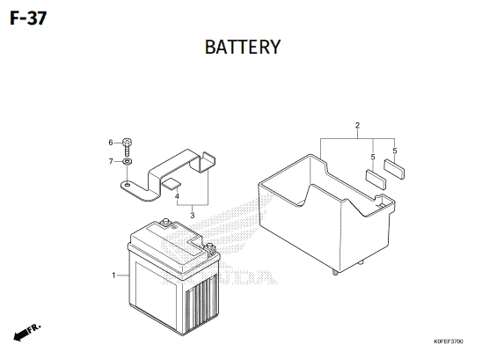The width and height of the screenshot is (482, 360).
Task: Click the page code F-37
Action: [x=28, y=18]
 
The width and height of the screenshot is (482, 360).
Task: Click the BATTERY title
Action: [x=243, y=47]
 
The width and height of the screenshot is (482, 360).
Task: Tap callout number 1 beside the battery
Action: [x=113, y=276]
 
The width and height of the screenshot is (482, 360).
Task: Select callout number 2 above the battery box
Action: [x=357, y=125]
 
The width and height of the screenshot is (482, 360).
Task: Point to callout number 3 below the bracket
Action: [x=193, y=215]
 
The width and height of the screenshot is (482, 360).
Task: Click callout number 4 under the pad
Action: [x=177, y=196]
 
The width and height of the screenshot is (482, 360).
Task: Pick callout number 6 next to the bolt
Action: [x=111, y=143]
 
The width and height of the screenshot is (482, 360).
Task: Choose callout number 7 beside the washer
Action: [x=111, y=161]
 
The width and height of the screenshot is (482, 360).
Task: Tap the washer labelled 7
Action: [x=127, y=161]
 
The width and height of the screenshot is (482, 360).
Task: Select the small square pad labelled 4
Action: [x=172, y=184]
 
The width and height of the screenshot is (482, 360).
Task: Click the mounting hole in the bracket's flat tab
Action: [x=127, y=185]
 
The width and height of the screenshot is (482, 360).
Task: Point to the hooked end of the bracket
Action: [x=206, y=161]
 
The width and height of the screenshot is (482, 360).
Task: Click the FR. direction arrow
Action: [x=26, y=333]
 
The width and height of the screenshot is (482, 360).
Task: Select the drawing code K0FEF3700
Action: [x=449, y=342]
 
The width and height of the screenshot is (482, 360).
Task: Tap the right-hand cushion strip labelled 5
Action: [x=394, y=169]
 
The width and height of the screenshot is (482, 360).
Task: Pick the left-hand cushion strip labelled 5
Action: [x=376, y=179]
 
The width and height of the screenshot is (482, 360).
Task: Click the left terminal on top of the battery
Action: [x=166, y=223]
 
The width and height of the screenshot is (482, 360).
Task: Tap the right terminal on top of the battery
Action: [x=209, y=247]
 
